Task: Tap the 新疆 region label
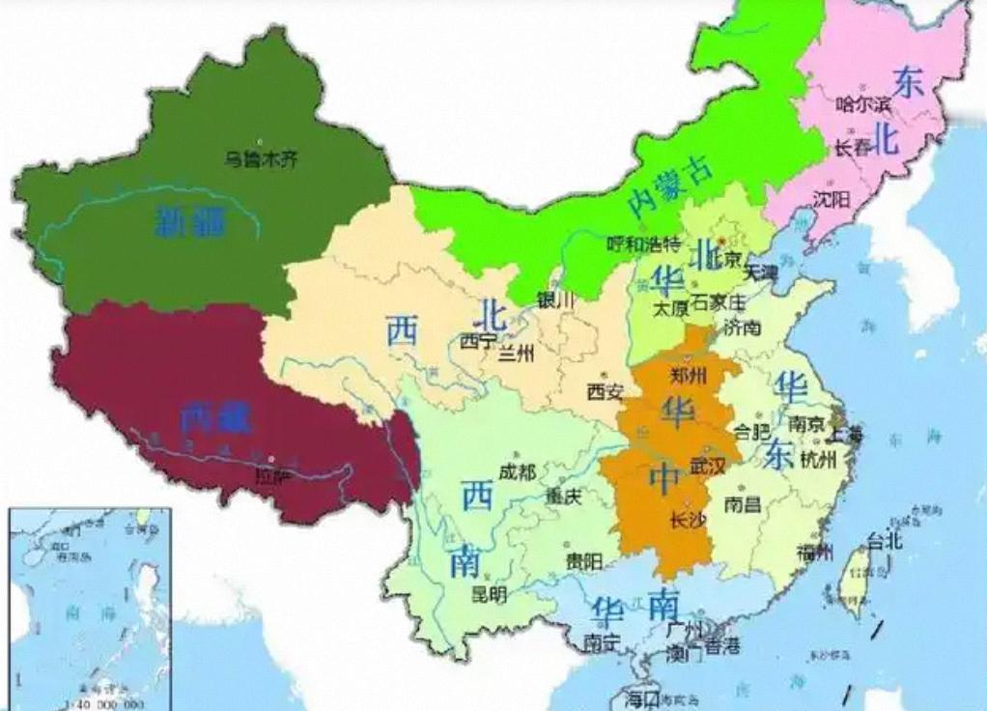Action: [x=191, y=222]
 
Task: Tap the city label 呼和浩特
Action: [x=643, y=243]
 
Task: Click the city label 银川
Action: [x=555, y=300]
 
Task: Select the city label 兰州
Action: [x=516, y=355]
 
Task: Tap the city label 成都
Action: [x=517, y=473]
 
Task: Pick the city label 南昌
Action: [x=743, y=504]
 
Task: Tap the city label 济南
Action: [x=742, y=327]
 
